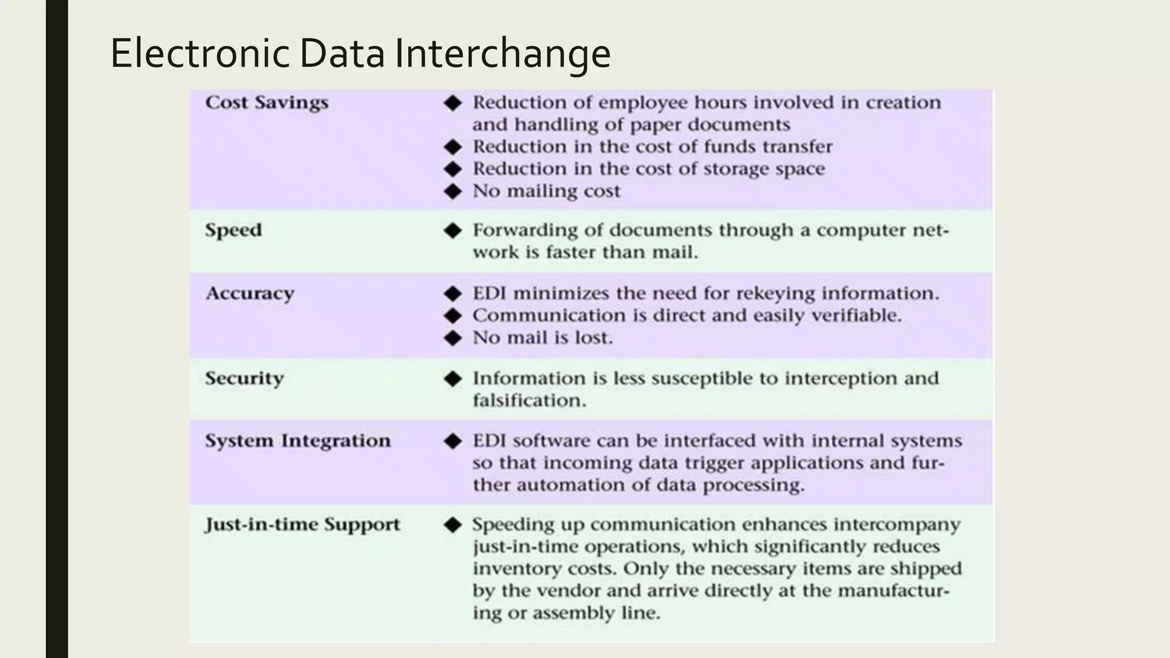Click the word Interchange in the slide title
(502, 53)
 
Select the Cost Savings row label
(267, 102)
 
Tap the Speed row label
(233, 230)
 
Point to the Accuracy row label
(250, 293)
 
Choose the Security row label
(244, 378)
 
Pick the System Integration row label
(298, 440)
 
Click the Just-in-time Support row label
(302, 524)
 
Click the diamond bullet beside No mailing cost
(452, 191)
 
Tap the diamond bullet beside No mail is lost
(452, 338)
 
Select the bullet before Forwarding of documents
(452, 231)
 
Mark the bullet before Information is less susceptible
(452, 379)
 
